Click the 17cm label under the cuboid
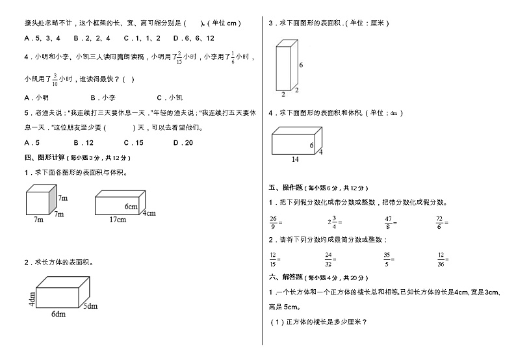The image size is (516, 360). tap(118, 220)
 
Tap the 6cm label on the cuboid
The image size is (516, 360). tap(132, 207)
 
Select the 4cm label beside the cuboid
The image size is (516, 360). tap(149, 213)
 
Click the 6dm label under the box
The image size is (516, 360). tap(58, 314)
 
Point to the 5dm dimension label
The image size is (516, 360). tap(90, 306)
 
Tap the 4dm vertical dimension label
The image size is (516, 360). tap(31, 300)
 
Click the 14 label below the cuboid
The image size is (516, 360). tap(295, 159)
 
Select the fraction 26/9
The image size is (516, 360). tap(273, 222)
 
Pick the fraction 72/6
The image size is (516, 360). tap(439, 222)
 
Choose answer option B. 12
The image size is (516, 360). tap(84, 142)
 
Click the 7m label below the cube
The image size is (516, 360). tap(38, 220)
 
